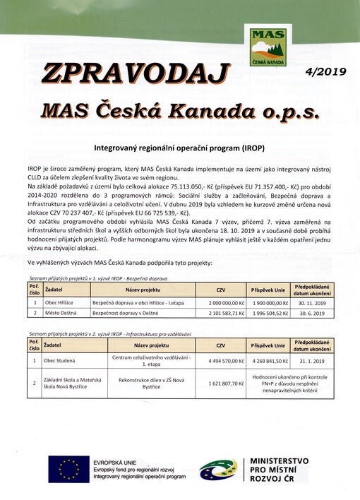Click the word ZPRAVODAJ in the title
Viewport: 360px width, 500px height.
point(137,73)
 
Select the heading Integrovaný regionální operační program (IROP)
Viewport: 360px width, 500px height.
point(179,150)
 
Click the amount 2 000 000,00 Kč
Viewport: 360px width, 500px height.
point(220,301)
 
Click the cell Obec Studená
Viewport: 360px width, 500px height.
point(61,360)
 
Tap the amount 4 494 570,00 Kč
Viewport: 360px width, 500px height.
point(220,360)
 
